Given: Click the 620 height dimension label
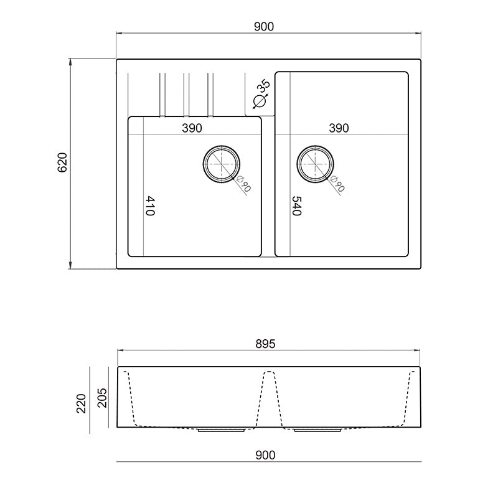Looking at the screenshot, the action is tap(62, 162).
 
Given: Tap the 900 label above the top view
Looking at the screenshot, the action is tap(263, 27).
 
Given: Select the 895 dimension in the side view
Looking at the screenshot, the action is tap(265, 344).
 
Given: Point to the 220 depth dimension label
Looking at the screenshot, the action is tap(82, 403).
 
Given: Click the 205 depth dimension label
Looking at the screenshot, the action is tap(102, 398).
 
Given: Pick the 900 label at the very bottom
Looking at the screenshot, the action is tap(265, 455).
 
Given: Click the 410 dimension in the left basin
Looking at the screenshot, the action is tap(150, 206).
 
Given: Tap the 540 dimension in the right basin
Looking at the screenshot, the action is tap(297, 206).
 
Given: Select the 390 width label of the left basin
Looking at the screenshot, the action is tap(192, 128).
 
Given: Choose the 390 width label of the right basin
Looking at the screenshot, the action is tap(339, 128).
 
